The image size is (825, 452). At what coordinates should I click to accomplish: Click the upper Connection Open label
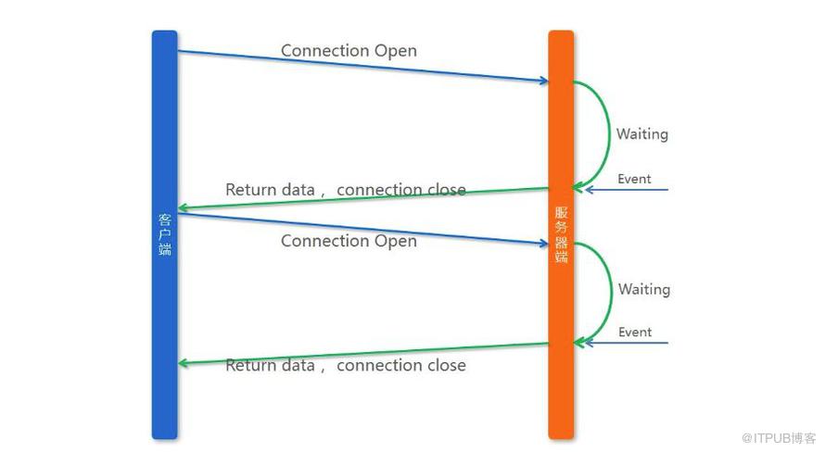point(349,51)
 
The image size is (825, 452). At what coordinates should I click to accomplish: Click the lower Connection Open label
point(349,241)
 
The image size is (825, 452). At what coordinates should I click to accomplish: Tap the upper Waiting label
point(642,134)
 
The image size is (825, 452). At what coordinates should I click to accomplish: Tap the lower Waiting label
point(644,290)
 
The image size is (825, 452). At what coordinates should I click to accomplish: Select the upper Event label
point(634,179)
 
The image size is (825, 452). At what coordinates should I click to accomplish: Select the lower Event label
point(635,333)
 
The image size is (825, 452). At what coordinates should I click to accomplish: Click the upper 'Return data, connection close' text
point(346,190)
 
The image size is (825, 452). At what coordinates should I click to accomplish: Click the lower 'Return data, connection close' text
point(346,365)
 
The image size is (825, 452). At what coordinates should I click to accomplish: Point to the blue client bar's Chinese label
point(165,234)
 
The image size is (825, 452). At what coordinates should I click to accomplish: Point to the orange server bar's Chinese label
point(562,234)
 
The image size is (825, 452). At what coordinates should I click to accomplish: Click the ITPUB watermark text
point(778,438)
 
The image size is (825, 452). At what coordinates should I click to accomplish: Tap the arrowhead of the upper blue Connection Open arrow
point(544,81)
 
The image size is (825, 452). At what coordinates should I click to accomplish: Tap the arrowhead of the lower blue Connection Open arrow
point(544,244)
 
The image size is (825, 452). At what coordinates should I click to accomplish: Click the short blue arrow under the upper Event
point(626,190)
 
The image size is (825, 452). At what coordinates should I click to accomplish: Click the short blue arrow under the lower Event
point(626,344)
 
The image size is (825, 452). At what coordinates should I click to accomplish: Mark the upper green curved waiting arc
point(609,134)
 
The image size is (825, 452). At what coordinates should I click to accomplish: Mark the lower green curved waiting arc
point(612,292)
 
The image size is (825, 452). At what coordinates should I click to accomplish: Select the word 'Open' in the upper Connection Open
point(395,52)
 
